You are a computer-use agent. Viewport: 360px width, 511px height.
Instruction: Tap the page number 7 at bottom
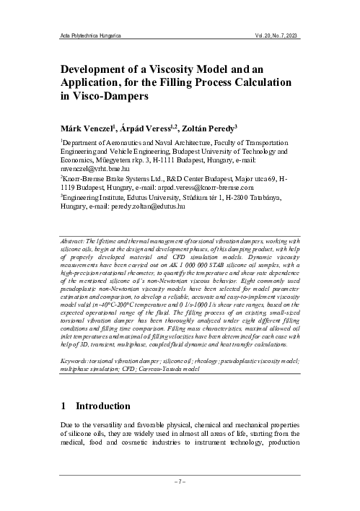pyautogui.click(x=180, y=480)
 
